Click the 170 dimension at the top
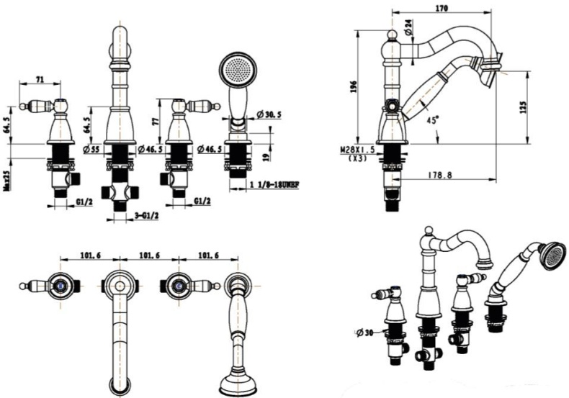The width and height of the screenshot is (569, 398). pyautogui.click(x=442, y=9)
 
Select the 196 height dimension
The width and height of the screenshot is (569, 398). pyautogui.click(x=352, y=87)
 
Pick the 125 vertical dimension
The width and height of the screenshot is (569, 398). pyautogui.click(x=524, y=107)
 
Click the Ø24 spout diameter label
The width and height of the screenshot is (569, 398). pyautogui.click(x=408, y=27)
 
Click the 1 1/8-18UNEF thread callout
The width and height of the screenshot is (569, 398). pyautogui.click(x=274, y=185)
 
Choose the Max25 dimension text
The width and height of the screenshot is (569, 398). pyautogui.click(x=7, y=179)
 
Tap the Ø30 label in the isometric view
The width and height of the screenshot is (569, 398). pyautogui.click(x=366, y=333)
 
